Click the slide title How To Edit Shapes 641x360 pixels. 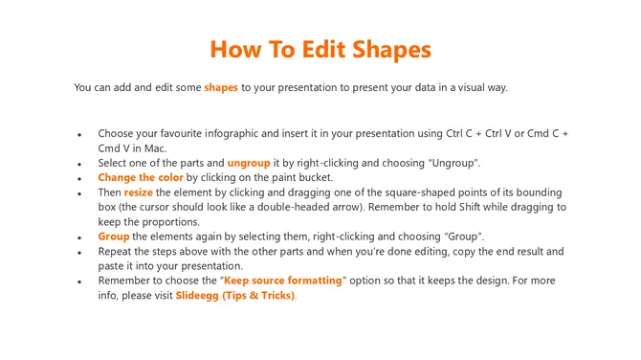click(x=320, y=49)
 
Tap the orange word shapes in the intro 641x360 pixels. click(x=221, y=88)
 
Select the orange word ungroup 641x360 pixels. click(x=249, y=163)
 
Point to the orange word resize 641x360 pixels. click(x=139, y=192)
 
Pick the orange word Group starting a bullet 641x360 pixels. click(x=114, y=236)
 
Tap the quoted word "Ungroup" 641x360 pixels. click(x=451, y=163)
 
